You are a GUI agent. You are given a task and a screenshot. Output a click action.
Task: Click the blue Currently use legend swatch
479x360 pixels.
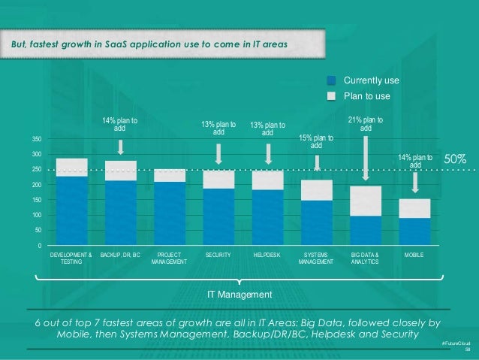331,80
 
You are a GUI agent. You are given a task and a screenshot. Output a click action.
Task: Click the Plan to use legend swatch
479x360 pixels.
331,95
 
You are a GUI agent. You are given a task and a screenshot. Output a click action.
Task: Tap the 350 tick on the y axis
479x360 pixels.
37,140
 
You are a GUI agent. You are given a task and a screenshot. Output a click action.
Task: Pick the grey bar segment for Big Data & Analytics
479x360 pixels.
366,201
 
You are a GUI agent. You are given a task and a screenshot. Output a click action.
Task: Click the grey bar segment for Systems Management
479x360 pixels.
317,190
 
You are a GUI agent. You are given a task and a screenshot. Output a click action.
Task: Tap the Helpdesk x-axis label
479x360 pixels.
267,256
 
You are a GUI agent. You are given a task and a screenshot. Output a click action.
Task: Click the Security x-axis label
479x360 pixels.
218,256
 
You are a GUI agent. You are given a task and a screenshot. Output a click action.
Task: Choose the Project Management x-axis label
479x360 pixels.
170,259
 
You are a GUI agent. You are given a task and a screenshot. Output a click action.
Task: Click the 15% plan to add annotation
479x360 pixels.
317,141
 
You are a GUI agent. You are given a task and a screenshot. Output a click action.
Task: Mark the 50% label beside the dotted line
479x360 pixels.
456,160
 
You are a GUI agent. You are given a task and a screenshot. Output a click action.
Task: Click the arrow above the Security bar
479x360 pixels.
218,154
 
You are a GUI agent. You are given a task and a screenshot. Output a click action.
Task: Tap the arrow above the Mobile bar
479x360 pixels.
415,180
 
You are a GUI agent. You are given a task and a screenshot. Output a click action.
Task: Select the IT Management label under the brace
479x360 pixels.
239,293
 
